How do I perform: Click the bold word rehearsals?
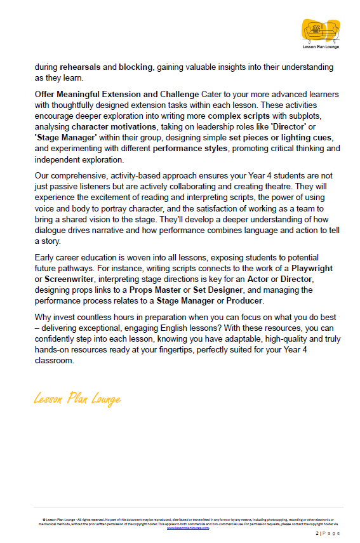(x=81, y=67)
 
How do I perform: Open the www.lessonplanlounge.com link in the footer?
(x=188, y=527)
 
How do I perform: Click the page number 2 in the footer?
(x=317, y=534)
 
